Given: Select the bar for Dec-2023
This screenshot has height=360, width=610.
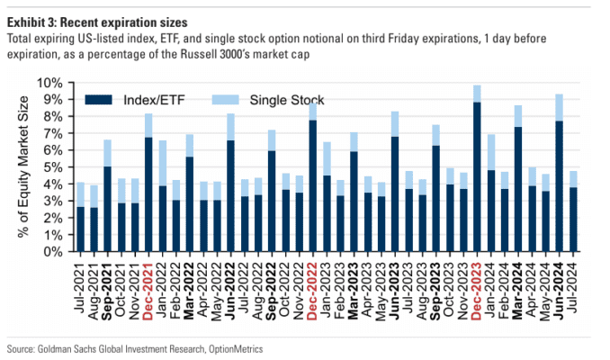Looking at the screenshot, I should click(476, 168).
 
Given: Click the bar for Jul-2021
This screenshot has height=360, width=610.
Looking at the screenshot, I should click(80, 217).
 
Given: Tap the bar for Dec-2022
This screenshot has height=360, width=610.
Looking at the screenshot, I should click(311, 177).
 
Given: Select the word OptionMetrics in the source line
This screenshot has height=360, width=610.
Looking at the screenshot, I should click(237, 347).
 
